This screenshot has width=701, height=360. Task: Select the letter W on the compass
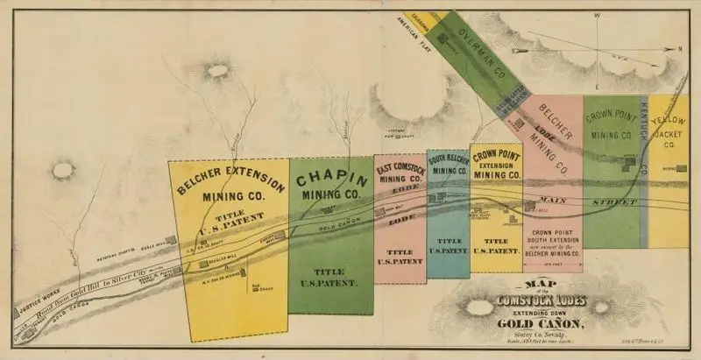[x=596, y=16]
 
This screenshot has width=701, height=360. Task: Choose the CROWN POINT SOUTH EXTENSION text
[x=552, y=238]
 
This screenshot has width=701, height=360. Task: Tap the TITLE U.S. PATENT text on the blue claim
[x=448, y=245]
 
